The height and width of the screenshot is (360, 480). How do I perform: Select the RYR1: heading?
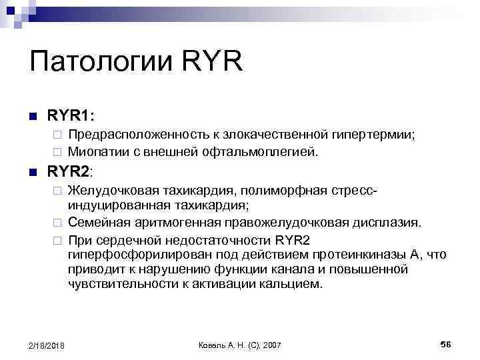coord(71,115)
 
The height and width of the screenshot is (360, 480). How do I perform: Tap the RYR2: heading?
coord(71,171)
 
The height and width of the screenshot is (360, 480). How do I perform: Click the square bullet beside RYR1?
coord(33,116)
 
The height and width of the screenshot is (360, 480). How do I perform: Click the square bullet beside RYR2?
coord(33,171)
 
